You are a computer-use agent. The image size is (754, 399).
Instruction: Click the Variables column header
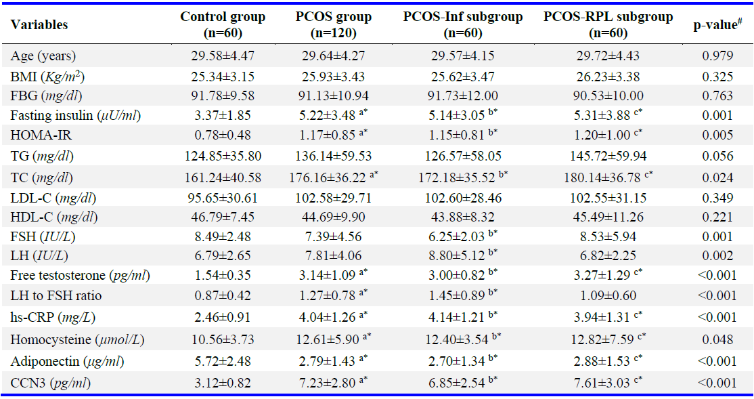pos(39,25)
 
